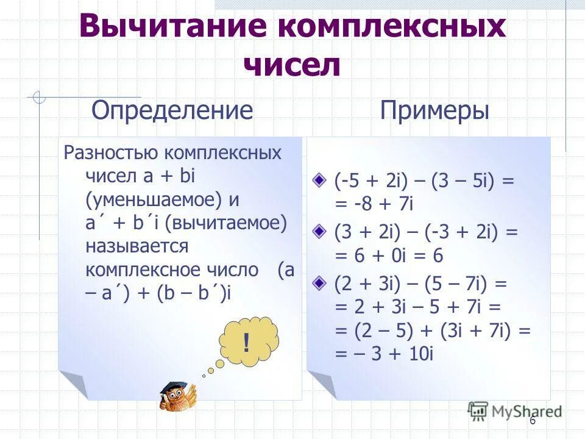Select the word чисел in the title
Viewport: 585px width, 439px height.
pos(292,64)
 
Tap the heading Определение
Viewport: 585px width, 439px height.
pos(172,111)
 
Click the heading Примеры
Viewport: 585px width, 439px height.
pos(434,111)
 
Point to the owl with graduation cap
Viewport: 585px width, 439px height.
pos(178,396)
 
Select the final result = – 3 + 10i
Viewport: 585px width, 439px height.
pos(384,354)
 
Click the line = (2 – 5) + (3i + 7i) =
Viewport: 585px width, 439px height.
pos(433,331)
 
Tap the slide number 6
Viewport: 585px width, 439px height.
pos(532,421)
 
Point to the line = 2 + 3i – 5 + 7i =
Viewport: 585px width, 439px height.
pos(409,307)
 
